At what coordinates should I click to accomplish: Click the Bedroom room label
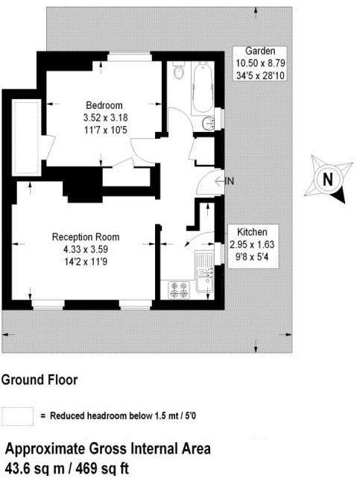pyautogui.click(x=104, y=105)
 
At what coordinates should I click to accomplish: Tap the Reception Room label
pyautogui.click(x=85, y=237)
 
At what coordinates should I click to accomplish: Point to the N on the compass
pyautogui.click(x=326, y=179)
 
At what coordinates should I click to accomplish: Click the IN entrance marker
pyautogui.click(x=230, y=181)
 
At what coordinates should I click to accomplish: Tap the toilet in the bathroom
pyautogui.click(x=177, y=73)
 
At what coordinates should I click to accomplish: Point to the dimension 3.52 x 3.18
pyautogui.click(x=104, y=117)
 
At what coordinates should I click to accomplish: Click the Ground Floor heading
pyautogui.click(x=39, y=380)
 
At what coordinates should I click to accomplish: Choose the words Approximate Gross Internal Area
pyautogui.click(x=108, y=449)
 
